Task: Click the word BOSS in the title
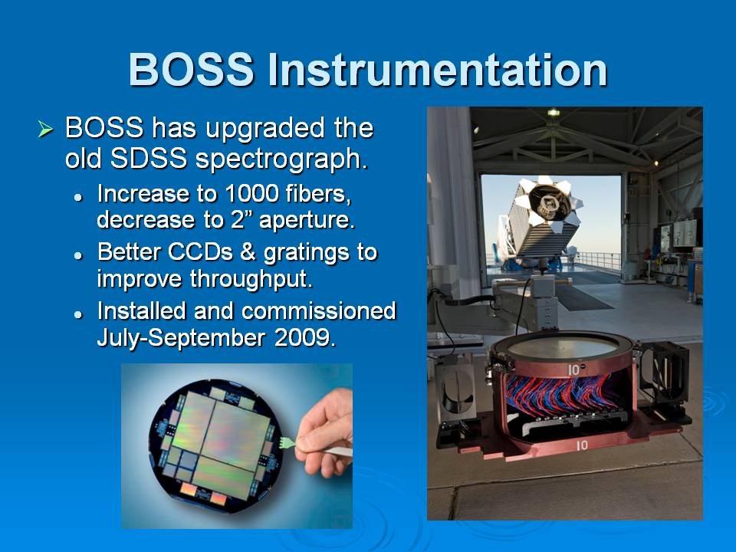tap(191, 70)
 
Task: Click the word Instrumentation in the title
tap(438, 70)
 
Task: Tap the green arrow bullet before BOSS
tap(45, 129)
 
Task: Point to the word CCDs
tap(200, 252)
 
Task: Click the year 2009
tap(305, 337)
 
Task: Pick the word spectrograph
tap(281, 159)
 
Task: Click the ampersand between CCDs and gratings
tap(248, 252)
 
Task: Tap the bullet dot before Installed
tap(78, 314)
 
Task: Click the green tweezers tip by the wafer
tap(284, 442)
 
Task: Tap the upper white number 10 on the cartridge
tap(573, 370)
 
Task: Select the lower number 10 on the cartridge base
tap(582, 445)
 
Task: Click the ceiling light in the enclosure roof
tap(554, 112)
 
